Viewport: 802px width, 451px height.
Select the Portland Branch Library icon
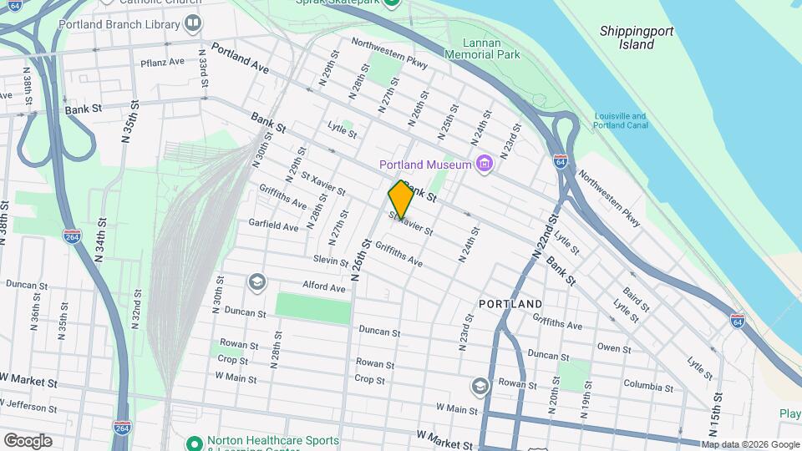[x=194, y=23]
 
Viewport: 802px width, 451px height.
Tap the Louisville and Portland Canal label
[x=620, y=121]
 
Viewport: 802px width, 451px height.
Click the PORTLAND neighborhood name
[x=510, y=303]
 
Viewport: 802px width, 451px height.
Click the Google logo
[x=28, y=441]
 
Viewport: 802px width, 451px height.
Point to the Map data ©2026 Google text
[x=750, y=444]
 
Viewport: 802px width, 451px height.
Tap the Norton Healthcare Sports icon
[x=195, y=442]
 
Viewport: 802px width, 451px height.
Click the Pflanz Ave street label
[x=162, y=63]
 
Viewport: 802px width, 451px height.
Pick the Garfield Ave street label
[x=273, y=225]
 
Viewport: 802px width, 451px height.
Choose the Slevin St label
[x=331, y=261]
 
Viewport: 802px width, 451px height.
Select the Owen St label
[x=614, y=347]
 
